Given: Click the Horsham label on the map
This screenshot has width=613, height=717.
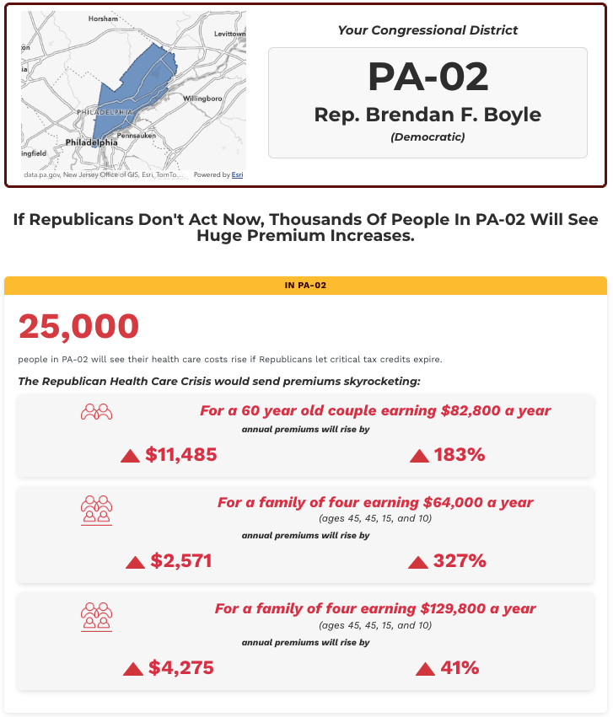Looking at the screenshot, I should (103, 19).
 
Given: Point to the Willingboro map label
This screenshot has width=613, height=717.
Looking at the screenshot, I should (202, 99).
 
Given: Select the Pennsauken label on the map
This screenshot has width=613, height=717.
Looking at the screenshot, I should (136, 135).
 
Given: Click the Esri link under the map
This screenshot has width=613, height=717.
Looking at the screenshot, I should (238, 175).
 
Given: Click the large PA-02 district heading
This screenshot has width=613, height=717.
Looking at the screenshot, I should (427, 78).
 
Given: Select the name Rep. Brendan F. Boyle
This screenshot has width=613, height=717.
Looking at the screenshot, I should (427, 115).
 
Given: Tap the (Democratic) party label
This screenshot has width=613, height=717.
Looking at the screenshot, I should (427, 136).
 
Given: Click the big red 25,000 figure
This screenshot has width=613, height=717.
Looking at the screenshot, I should (78, 327).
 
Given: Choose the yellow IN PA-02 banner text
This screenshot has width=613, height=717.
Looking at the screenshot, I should (305, 286).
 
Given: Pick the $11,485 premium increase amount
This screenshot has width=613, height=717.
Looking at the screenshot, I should (180, 455).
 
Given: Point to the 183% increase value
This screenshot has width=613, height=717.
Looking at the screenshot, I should (459, 455).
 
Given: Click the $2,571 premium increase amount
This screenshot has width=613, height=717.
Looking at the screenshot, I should (180, 561).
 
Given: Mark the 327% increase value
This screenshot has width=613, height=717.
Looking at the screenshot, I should (459, 561).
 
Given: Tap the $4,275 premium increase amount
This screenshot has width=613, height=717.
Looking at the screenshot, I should (180, 668).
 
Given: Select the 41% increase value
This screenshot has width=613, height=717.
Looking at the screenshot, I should (459, 668).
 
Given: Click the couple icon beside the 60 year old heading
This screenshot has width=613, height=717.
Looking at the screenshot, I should (96, 412).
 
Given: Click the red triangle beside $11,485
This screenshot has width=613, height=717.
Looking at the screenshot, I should (130, 456).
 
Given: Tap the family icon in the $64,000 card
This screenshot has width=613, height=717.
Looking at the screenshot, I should (96, 509).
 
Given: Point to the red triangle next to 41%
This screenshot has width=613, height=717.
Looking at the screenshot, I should (425, 669).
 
